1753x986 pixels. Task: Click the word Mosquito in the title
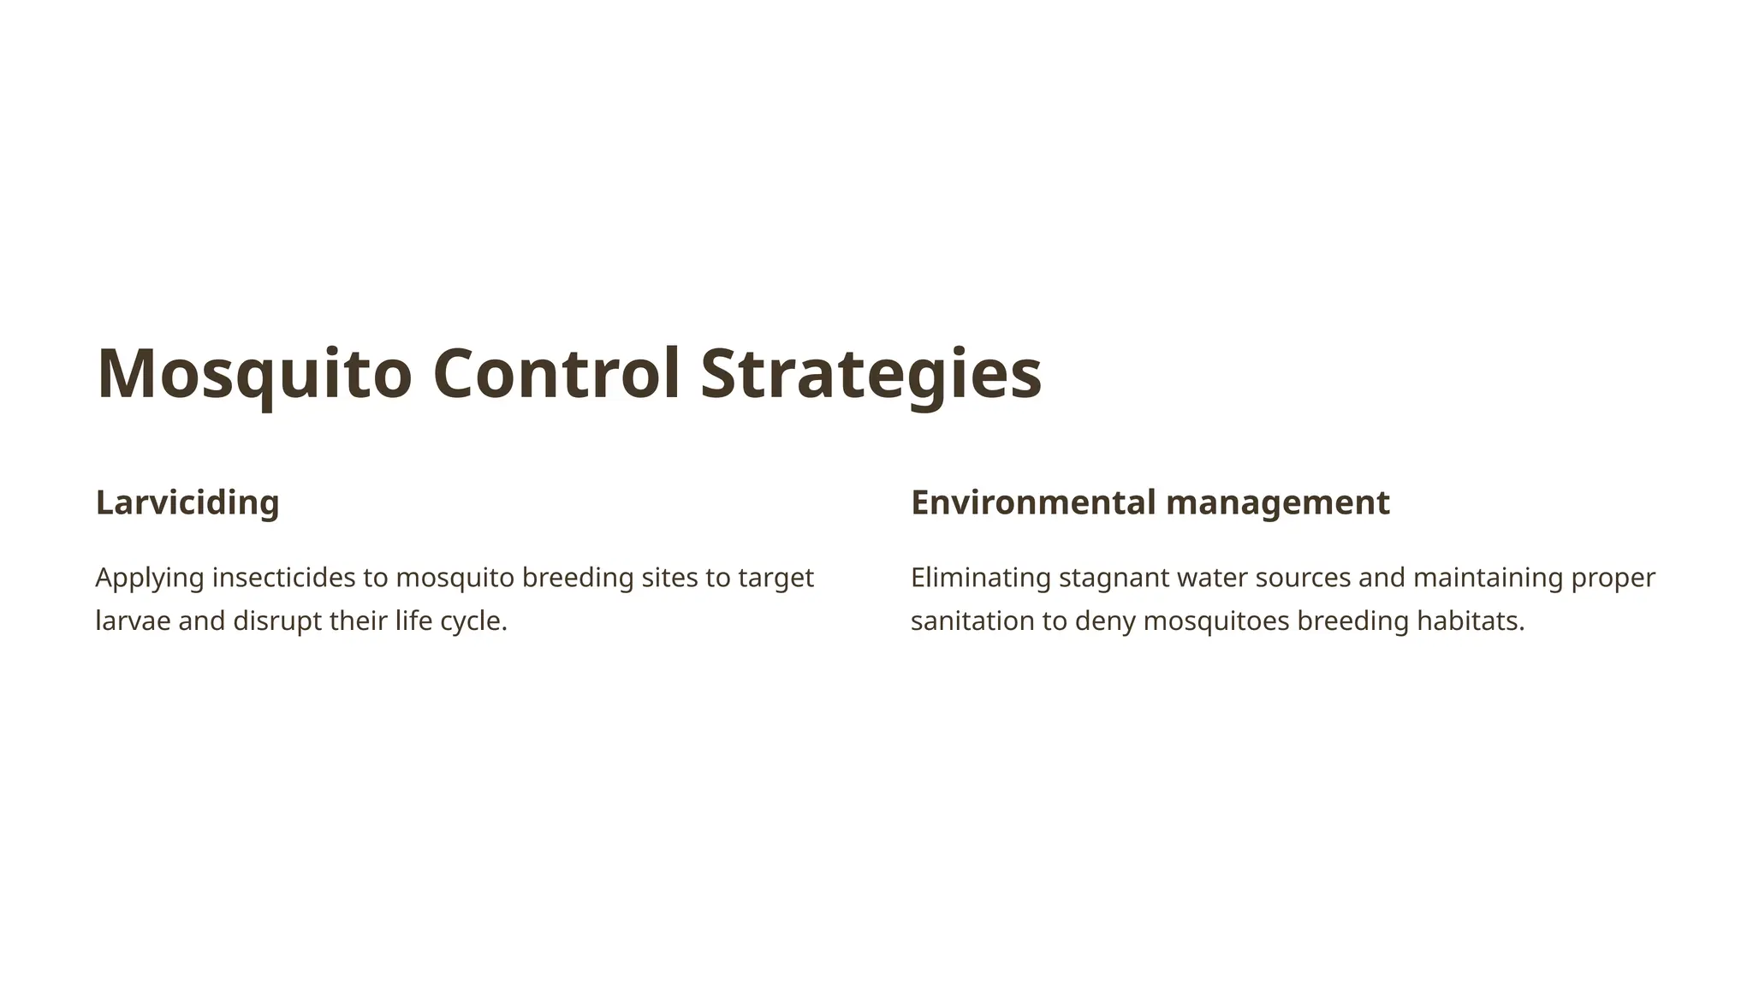point(254,373)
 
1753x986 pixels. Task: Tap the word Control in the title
point(556,373)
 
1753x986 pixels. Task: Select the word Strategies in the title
point(871,373)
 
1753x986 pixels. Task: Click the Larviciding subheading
point(187,502)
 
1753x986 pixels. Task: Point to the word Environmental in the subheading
point(1033,502)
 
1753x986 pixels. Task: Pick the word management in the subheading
point(1278,502)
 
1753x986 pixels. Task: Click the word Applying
point(150,578)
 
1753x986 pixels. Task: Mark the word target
point(775,578)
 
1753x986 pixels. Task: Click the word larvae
point(133,621)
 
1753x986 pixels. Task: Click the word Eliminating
point(980,578)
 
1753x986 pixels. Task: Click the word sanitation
point(972,621)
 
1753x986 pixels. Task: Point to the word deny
point(1104,621)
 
